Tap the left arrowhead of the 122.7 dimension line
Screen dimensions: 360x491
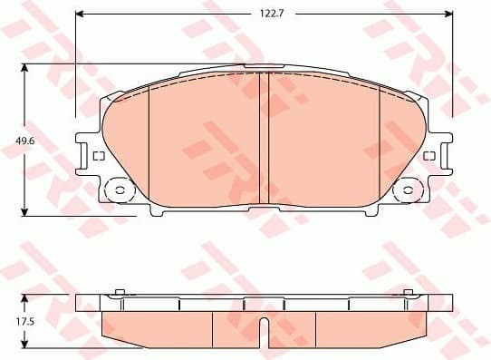point(79,14)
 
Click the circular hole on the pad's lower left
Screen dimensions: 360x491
point(117,191)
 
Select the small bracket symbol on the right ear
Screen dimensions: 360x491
point(428,157)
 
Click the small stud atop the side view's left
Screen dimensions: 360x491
point(120,292)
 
